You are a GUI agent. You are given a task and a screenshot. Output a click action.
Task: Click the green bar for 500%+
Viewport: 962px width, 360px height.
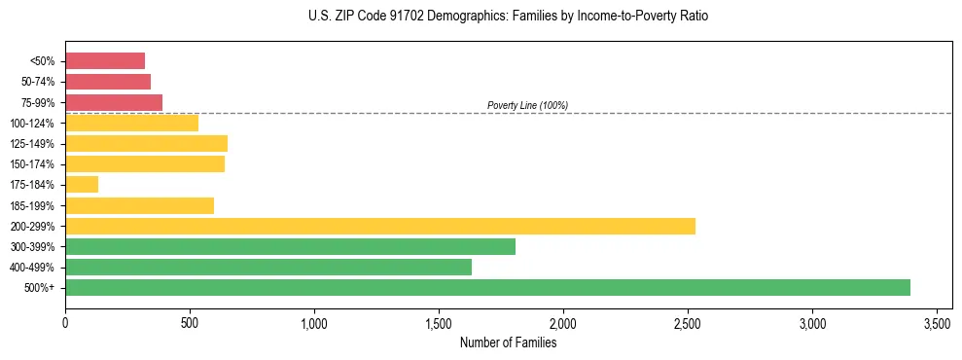tap(487, 287)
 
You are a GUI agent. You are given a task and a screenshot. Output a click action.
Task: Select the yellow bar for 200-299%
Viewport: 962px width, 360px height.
tap(380, 226)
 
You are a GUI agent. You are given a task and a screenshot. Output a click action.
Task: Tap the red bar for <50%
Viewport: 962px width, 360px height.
tap(105, 60)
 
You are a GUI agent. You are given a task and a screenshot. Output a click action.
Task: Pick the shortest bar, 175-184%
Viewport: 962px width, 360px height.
tap(82, 184)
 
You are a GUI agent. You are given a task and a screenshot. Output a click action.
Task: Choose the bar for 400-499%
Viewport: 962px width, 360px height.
tap(268, 267)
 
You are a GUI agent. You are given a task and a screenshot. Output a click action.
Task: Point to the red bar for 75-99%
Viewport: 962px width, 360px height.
tap(114, 102)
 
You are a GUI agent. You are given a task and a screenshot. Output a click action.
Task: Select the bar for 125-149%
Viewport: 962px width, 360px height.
tap(146, 143)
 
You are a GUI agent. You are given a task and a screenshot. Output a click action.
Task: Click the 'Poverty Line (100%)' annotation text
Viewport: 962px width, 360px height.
tap(527, 105)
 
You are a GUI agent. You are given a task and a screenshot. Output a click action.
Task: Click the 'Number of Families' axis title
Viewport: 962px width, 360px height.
tap(509, 342)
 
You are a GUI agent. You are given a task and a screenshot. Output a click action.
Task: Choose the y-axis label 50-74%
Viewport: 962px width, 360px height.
tap(38, 82)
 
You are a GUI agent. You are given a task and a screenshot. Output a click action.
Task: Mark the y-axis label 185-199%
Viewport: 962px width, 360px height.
tap(34, 205)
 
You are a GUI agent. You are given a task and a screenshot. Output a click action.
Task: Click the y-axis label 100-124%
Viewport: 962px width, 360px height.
tap(34, 123)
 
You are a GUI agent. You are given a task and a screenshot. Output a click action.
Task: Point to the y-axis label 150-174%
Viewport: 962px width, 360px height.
tap(34, 164)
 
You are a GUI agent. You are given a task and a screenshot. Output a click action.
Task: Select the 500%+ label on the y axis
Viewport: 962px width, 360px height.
tap(41, 288)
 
